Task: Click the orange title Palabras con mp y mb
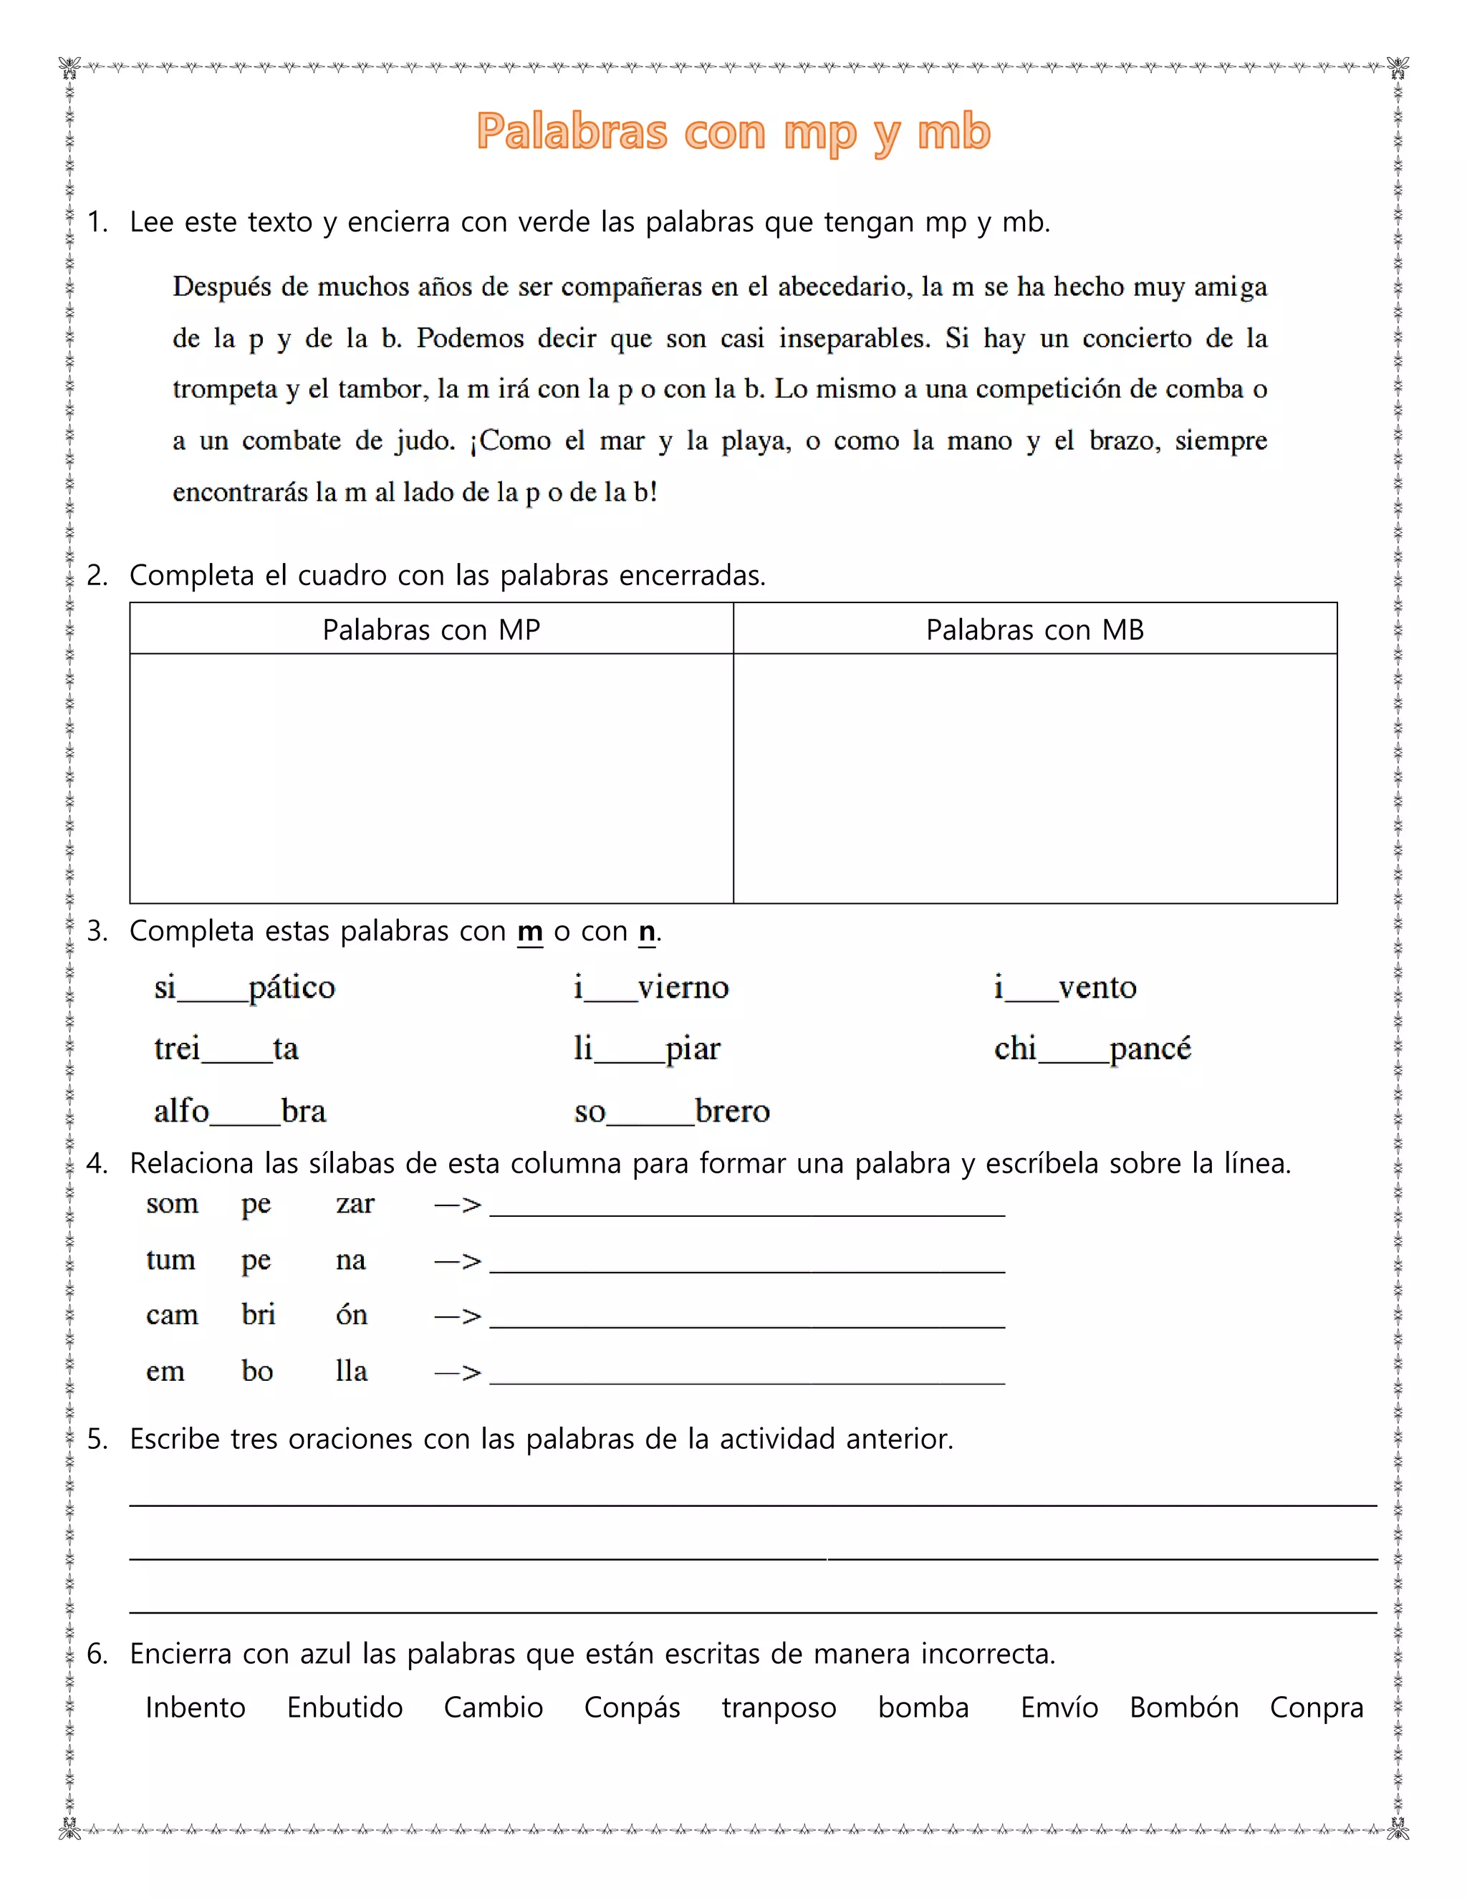pyautogui.click(x=733, y=132)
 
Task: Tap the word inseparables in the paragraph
pyautogui.click(x=853, y=338)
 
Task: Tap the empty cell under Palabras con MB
pyautogui.click(x=1034, y=778)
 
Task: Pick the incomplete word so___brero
pyautogui.click(x=671, y=1112)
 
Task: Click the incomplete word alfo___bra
pyautogui.click(x=240, y=1112)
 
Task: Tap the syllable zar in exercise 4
pyautogui.click(x=355, y=1204)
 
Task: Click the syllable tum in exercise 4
pyautogui.click(x=170, y=1259)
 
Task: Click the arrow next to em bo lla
pyautogui.click(x=458, y=1372)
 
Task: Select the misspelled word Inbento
pyautogui.click(x=196, y=1707)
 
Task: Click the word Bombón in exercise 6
pyautogui.click(x=1183, y=1707)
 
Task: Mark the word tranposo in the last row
pyautogui.click(x=779, y=1707)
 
